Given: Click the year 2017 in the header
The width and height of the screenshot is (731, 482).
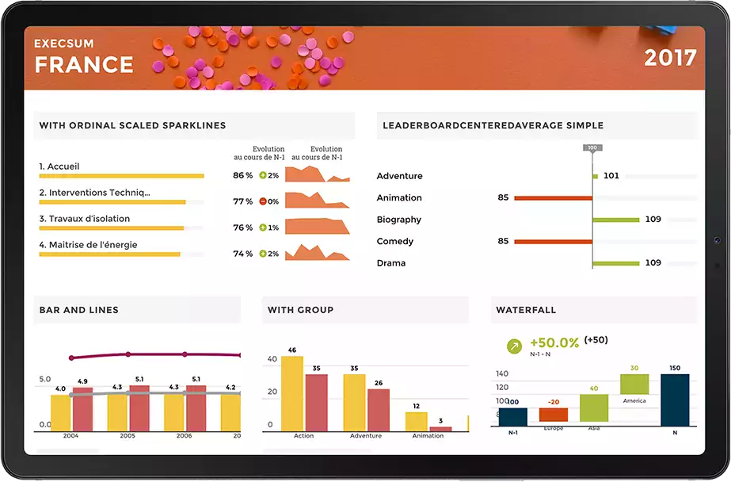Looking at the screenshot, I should (x=669, y=58).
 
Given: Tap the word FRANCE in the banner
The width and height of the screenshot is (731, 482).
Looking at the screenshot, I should (x=84, y=64).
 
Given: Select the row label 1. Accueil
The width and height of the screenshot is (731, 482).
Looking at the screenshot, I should (x=59, y=166).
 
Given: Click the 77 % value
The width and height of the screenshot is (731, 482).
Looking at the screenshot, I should (x=242, y=202).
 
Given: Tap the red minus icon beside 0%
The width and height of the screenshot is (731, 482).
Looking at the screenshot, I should (x=262, y=201).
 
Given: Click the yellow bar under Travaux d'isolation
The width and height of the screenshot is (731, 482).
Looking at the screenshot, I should (x=111, y=228).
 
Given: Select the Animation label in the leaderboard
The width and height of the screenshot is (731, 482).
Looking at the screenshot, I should (x=399, y=198).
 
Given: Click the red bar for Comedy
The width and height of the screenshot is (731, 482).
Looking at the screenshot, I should (x=552, y=242).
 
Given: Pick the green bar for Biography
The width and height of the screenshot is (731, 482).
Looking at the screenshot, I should (x=615, y=220).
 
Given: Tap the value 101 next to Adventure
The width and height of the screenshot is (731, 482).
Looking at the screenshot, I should (x=611, y=176).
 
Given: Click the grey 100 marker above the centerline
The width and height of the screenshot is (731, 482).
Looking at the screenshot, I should (x=592, y=148).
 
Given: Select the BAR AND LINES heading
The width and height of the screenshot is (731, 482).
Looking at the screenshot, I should (x=79, y=310).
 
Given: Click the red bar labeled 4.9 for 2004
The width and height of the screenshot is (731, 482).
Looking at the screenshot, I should (x=82, y=408).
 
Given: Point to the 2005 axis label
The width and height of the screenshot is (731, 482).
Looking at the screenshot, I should (x=128, y=436).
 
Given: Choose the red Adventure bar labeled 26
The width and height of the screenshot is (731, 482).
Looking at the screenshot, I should (x=379, y=409).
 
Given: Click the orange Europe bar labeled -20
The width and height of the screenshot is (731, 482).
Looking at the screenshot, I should (x=554, y=415).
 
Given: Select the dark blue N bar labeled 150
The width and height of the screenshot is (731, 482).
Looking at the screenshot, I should (x=675, y=400).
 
